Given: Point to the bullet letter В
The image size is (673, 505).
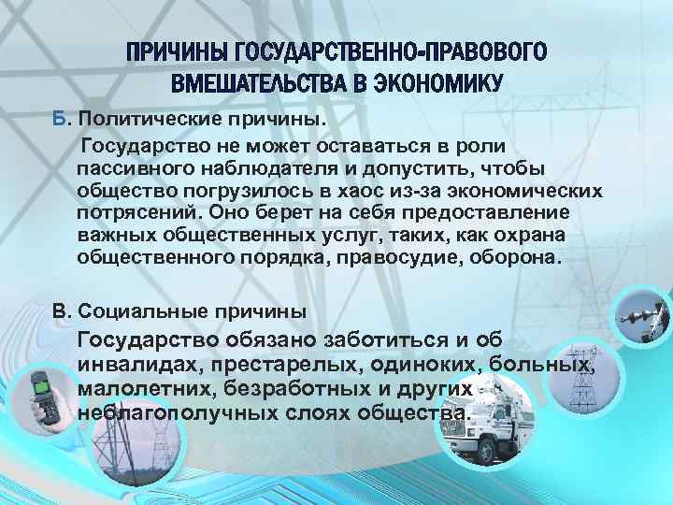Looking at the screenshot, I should pos(61,309).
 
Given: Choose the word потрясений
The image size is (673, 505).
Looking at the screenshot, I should pos(125,212).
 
